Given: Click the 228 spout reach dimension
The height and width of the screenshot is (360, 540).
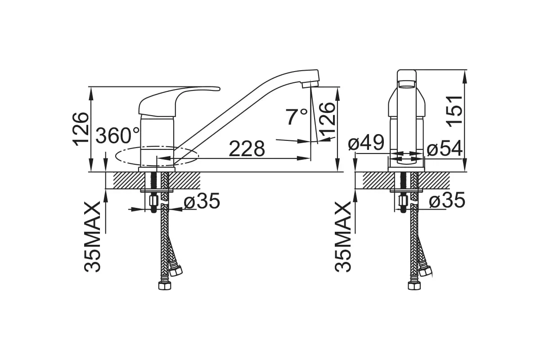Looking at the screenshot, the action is pos(247,149).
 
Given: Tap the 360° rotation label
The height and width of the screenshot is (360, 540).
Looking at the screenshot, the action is pos(117,135).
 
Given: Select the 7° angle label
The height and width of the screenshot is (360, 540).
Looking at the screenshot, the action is pos(297,117).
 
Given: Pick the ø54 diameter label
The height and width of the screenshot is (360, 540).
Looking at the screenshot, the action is pos(445,148).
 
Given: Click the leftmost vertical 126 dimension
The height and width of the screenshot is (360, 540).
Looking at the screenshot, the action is pos(81,129).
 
